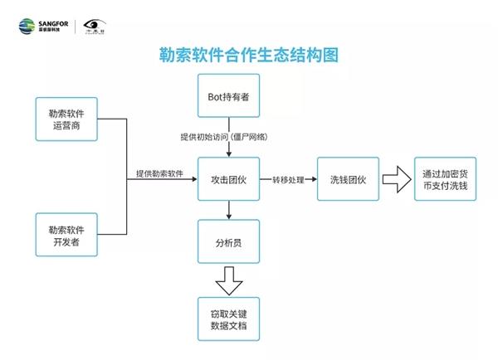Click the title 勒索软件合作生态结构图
(x=249, y=56)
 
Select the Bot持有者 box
(x=228, y=96)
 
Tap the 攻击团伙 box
(x=228, y=178)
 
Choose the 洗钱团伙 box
(x=348, y=178)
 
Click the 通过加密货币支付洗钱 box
(x=444, y=178)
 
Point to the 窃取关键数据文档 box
(x=228, y=319)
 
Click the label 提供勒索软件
(x=159, y=173)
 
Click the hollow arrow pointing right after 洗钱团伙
(x=397, y=178)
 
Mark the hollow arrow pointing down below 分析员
(x=228, y=281)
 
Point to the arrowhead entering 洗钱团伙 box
(x=314, y=178)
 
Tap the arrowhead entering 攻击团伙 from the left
(x=194, y=178)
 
